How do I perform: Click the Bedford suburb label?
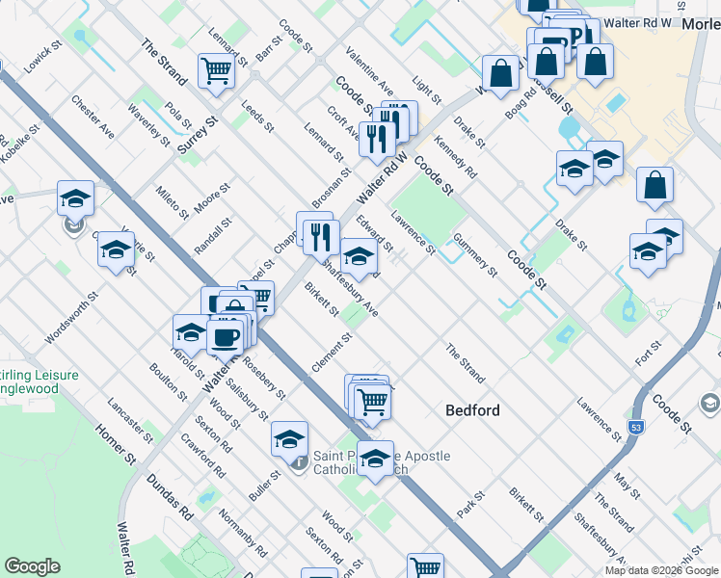pos(472,410)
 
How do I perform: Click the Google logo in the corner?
pos(32,565)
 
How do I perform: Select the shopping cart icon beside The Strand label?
pos(217,70)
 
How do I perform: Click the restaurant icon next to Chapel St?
pos(320,236)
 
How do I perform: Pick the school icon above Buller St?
pos(289,439)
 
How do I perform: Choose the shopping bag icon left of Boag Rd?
pos(501,72)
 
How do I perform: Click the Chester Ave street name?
pos(93,117)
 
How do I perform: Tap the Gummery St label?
pos(474,256)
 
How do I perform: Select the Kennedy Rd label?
pos(455,158)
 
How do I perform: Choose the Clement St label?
pos(330,354)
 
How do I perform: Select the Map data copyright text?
pos(661,570)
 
